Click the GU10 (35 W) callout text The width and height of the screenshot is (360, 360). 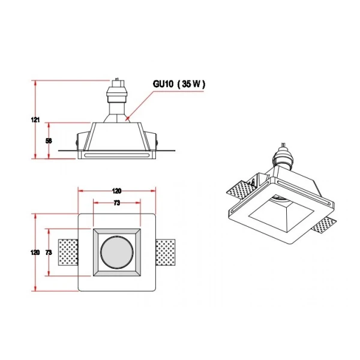pos(179,84)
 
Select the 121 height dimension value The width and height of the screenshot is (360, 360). pos(35,119)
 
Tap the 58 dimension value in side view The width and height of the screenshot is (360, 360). pos(49,141)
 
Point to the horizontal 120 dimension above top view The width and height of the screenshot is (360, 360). pos(117,191)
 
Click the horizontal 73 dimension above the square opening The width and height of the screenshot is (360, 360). pos(117,203)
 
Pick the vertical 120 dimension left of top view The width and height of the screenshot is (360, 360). pos(35,253)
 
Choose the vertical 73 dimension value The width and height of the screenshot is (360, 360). pos(49,253)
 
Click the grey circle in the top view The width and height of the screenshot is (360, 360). pos(117,253)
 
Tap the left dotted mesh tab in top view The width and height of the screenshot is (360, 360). pos(68,253)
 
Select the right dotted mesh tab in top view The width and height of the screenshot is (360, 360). pos(166,253)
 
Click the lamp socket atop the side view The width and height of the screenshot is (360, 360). pos(117,95)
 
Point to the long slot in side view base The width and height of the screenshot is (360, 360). pos(116,155)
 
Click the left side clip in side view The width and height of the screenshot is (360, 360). pos(82,141)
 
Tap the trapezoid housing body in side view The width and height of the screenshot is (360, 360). pos(117,137)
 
